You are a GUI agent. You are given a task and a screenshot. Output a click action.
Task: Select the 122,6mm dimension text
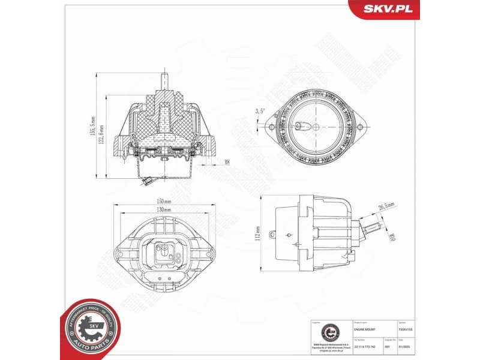(103, 135)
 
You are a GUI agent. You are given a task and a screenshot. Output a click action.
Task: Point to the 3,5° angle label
(259, 112)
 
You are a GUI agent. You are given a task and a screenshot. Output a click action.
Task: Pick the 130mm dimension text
(164, 210)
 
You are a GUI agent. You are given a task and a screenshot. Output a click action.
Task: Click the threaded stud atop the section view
(164, 80)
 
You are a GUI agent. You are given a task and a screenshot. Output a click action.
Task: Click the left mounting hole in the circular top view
(272, 128)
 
